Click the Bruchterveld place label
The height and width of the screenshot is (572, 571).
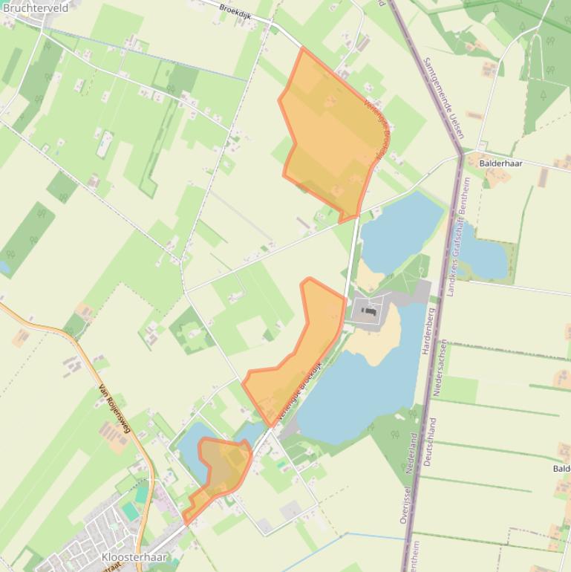[35, 8]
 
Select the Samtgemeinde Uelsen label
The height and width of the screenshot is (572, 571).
[443, 97]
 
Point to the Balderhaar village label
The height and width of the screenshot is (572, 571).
[500, 163]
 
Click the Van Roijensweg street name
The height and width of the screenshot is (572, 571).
[114, 408]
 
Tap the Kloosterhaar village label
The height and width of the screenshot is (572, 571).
[134, 556]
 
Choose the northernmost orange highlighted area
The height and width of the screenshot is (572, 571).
[330, 134]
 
